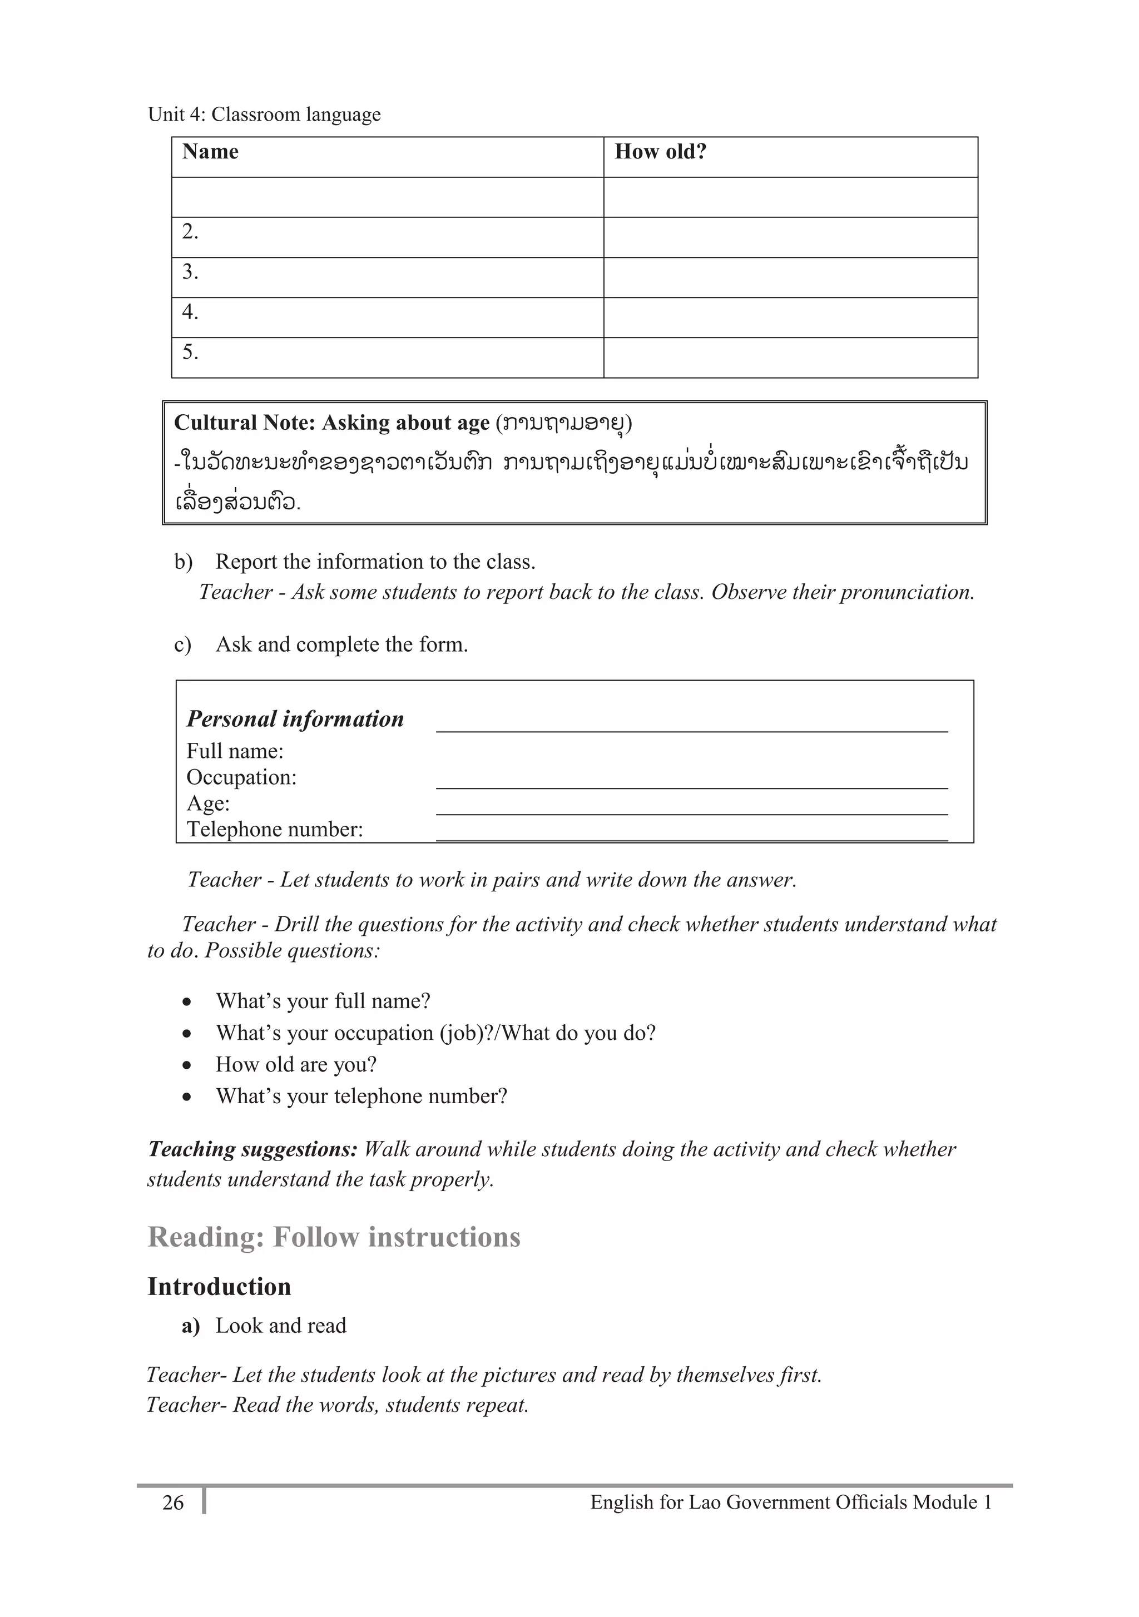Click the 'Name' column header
[x=210, y=152]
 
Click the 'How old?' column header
[x=660, y=152]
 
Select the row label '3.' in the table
[x=190, y=272]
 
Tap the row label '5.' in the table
[x=190, y=352]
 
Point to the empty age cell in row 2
[x=790, y=237]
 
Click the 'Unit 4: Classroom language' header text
[x=264, y=115]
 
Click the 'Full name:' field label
[x=235, y=751]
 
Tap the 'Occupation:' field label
[x=241, y=777]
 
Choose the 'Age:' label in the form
[x=208, y=803]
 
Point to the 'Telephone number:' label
[x=275, y=830]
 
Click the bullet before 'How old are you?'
[x=187, y=1065]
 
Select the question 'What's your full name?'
[x=323, y=1001]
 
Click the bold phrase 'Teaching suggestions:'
[x=252, y=1149]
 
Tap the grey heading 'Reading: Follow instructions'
[x=334, y=1237]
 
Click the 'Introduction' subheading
[x=219, y=1287]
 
